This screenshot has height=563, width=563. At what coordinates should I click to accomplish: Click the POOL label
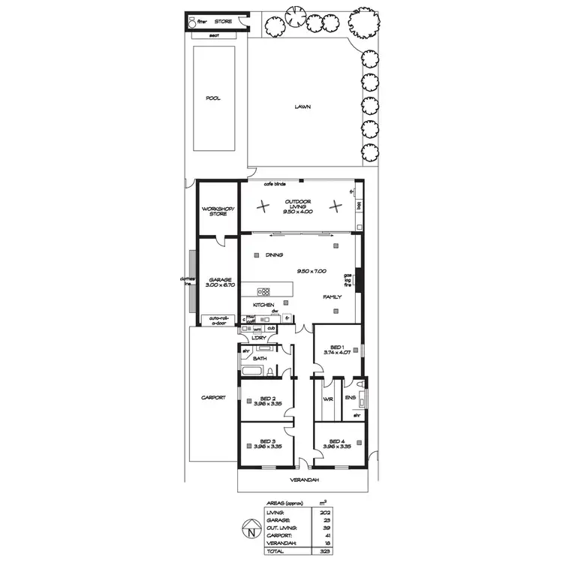point(213,98)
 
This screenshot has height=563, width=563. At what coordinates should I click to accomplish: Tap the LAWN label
point(303,107)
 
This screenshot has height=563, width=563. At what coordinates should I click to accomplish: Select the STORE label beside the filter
point(224,23)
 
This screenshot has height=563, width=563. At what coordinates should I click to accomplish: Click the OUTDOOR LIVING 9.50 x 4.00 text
point(299,207)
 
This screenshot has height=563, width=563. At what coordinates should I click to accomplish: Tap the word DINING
point(274,255)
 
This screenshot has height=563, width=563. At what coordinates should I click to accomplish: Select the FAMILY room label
point(333,297)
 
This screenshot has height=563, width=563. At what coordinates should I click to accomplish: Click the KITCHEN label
point(263,305)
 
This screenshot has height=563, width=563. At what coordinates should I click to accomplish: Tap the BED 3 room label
point(268,441)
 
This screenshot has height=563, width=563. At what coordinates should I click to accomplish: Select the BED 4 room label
point(336,441)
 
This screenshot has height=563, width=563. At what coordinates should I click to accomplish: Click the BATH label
point(260,359)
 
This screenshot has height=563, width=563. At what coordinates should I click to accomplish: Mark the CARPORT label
point(214,398)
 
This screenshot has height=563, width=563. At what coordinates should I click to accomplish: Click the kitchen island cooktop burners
point(264,291)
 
